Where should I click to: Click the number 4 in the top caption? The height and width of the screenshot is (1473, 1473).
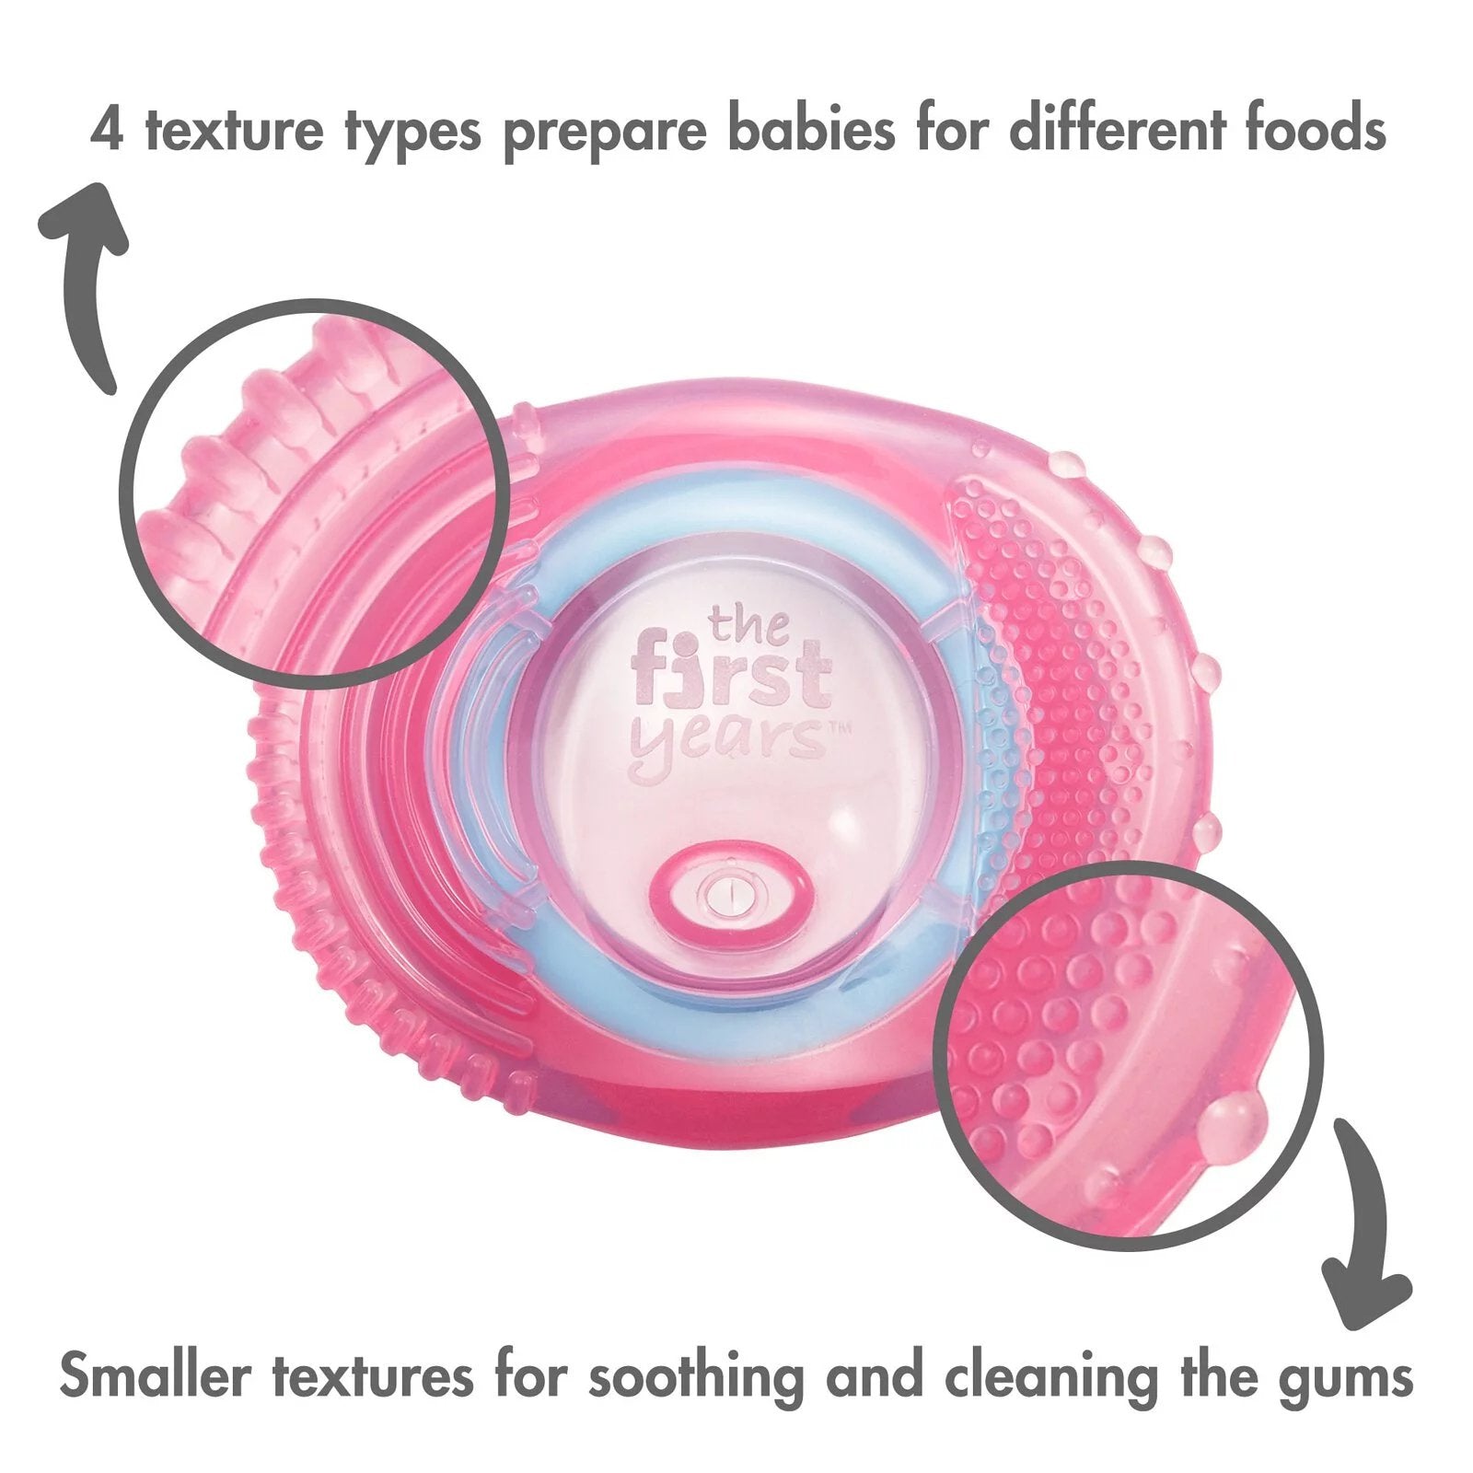click(107, 130)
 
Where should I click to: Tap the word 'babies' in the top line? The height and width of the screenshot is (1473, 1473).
click(808, 130)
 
